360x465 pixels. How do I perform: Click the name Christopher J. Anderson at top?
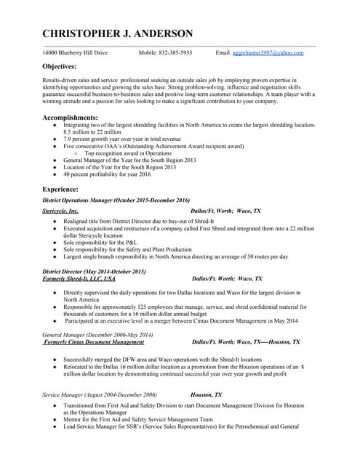tap(118, 33)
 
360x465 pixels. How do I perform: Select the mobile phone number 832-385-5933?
tap(165, 53)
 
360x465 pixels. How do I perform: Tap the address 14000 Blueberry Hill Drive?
tap(75, 53)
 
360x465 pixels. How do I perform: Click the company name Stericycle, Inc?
tap(60, 211)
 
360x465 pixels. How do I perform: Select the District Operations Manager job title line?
tap(116, 201)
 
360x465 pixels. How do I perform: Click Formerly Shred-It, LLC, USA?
tap(79, 278)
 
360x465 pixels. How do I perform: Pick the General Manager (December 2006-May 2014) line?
tap(97, 334)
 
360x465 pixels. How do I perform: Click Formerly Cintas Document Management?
tap(94, 341)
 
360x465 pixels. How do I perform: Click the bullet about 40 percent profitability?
tap(107, 174)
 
